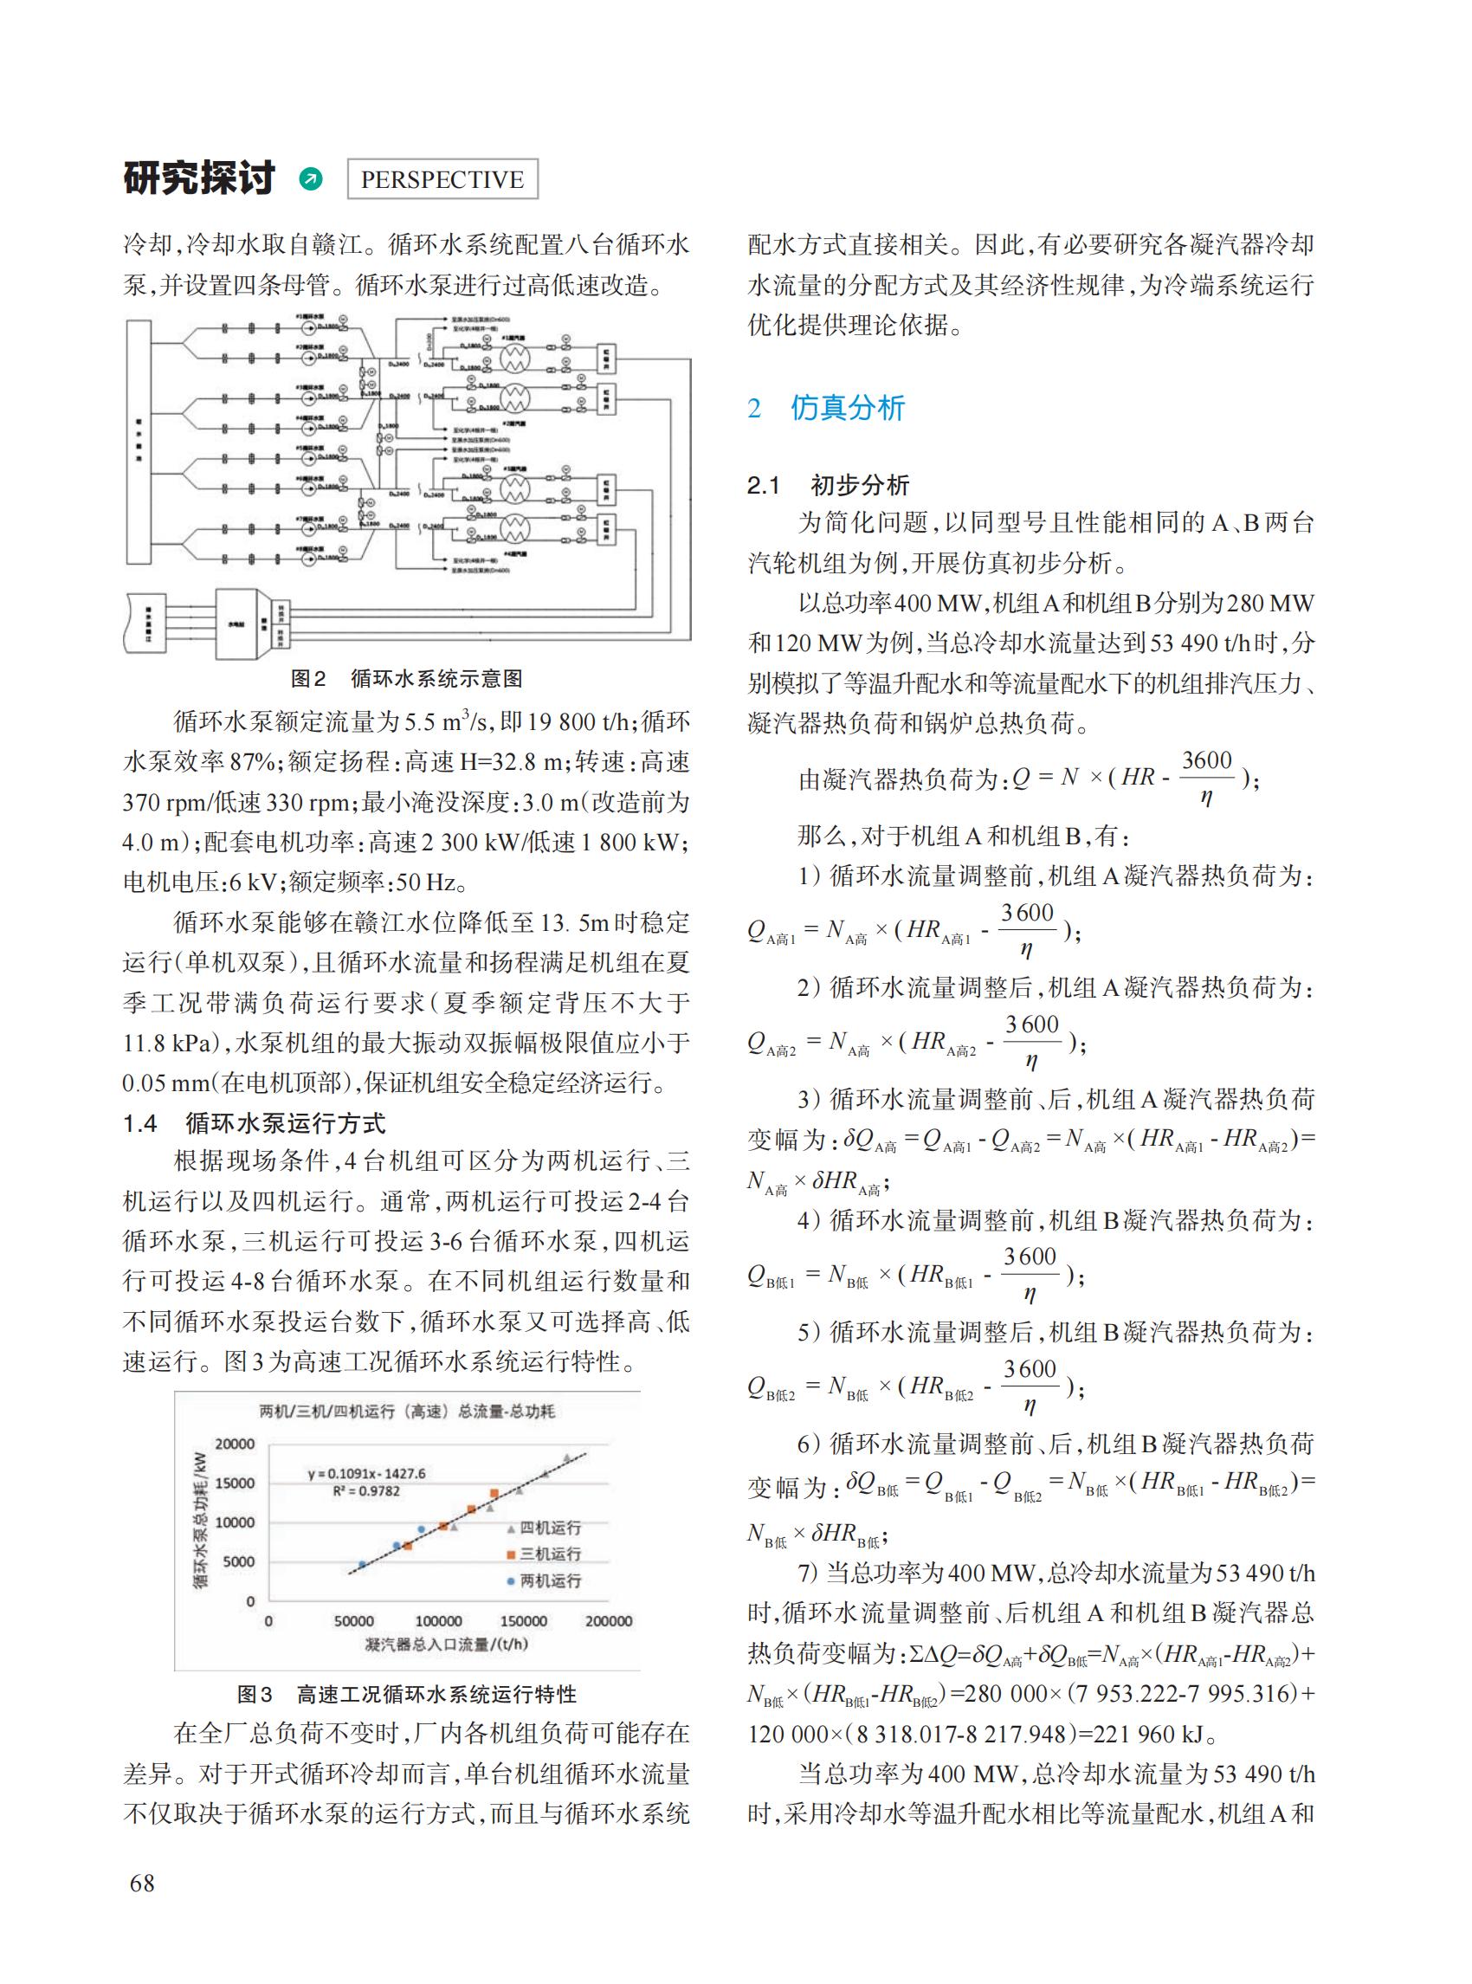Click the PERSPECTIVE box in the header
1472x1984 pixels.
[441, 179]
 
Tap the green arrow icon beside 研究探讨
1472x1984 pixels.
[311, 179]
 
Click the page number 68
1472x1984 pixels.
[142, 1883]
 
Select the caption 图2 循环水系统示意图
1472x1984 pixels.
[406, 678]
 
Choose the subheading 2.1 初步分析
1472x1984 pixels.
[828, 485]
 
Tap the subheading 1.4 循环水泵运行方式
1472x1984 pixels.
[254, 1123]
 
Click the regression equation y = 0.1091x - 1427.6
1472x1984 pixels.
[366, 1473]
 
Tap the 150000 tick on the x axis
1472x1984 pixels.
[523, 1621]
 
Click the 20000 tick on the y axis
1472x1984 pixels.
[236, 1444]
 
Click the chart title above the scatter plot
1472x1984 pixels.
[406, 1412]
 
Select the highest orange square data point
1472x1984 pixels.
[494, 1493]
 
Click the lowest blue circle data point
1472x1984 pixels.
[362, 1564]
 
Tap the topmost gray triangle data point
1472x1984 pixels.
[566, 1458]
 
